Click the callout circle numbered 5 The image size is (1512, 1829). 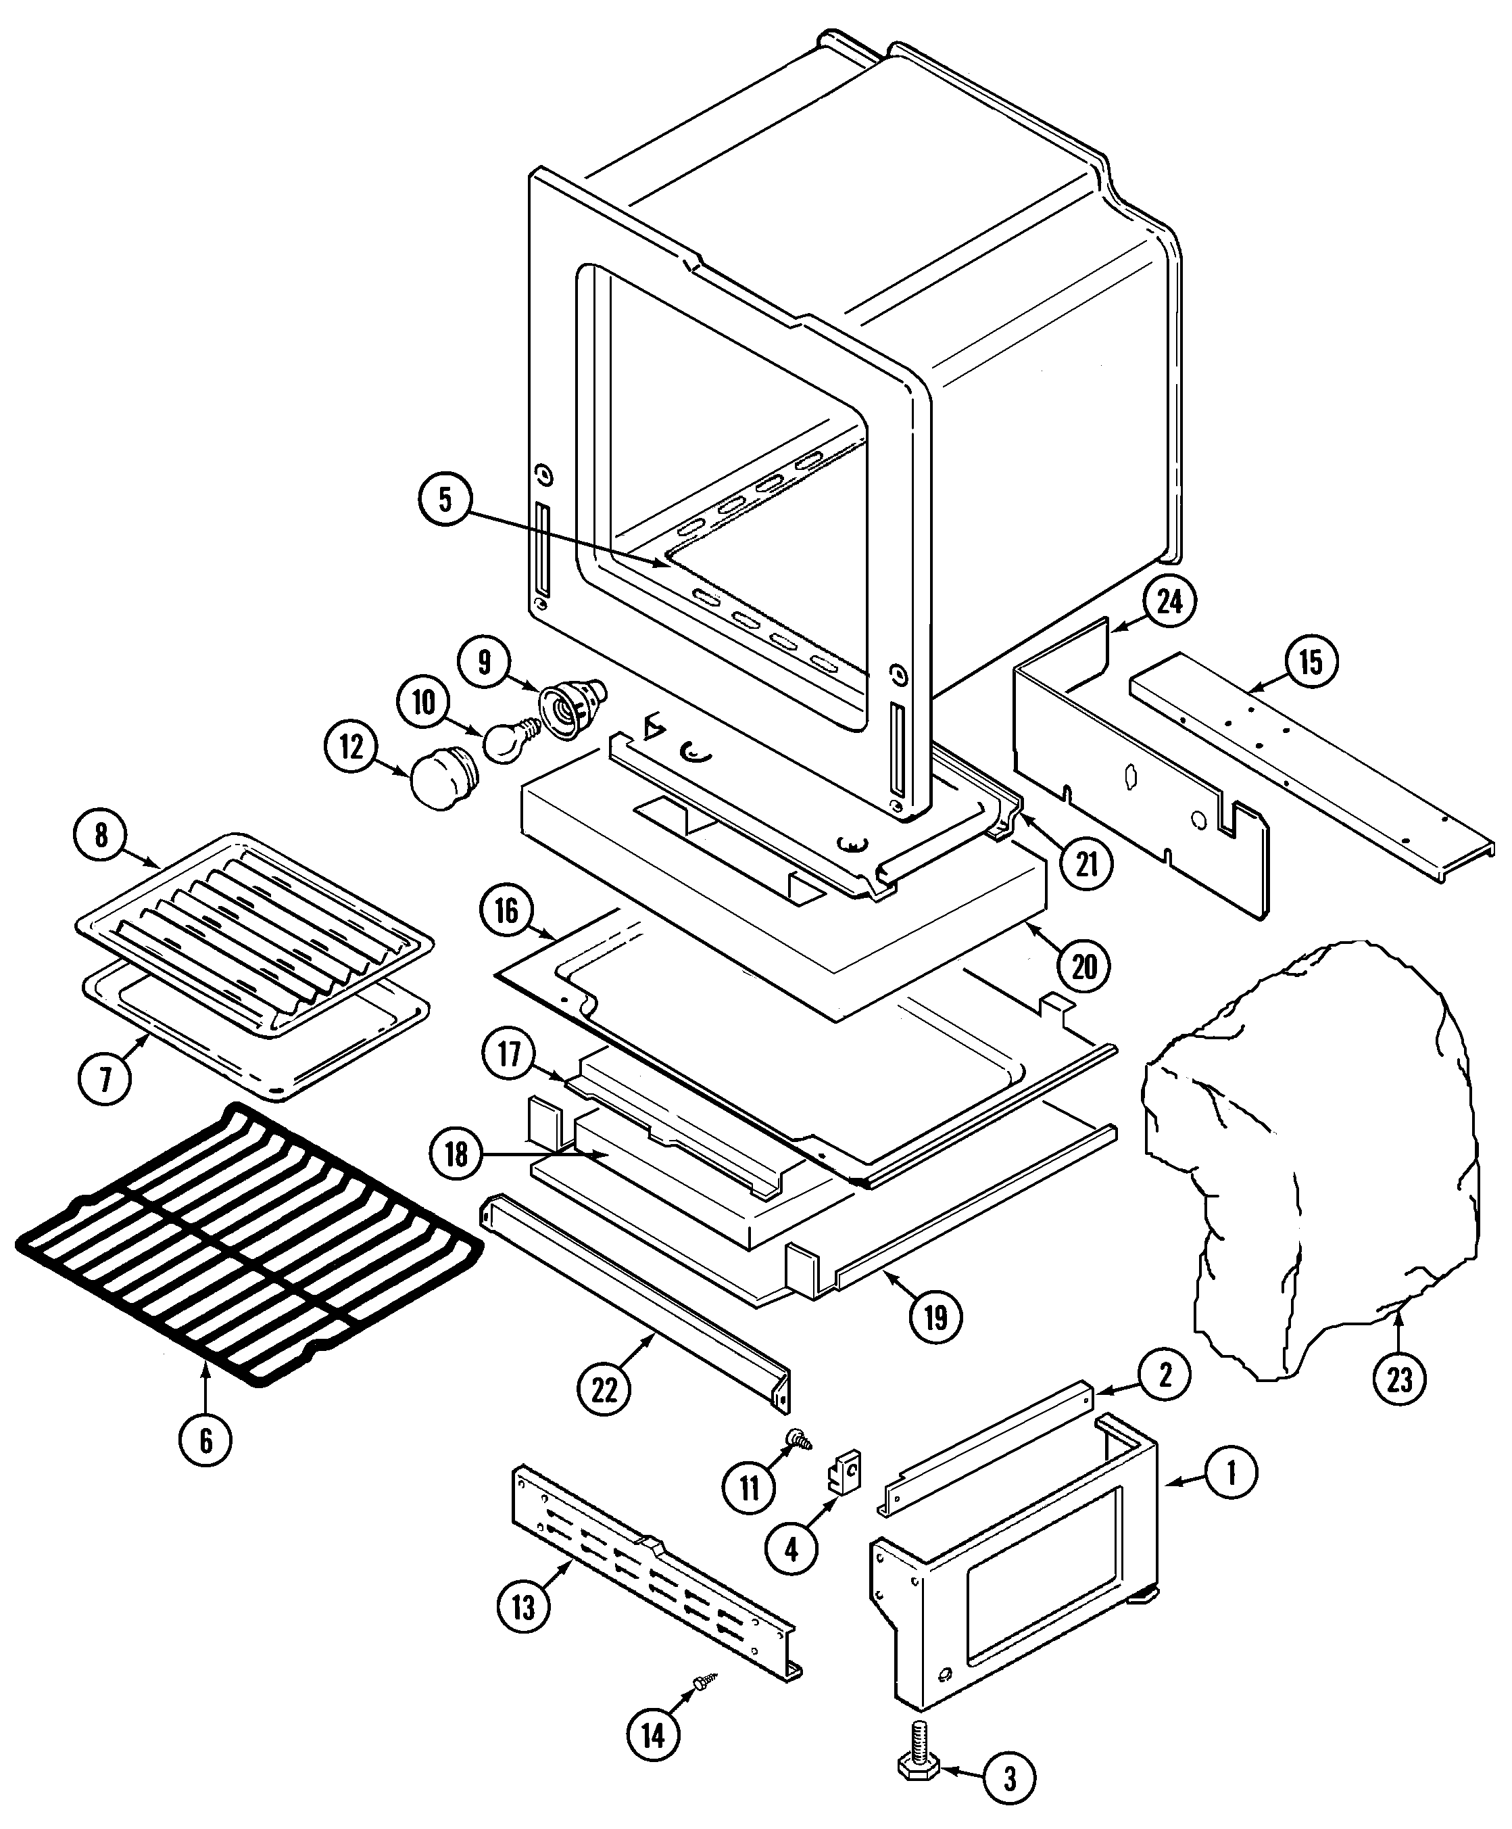coord(445,500)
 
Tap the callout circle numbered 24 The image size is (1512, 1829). coord(1169,601)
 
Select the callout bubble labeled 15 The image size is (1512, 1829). coord(1310,663)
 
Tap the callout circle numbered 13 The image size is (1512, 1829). coord(523,1607)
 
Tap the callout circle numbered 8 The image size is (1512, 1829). coord(101,835)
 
